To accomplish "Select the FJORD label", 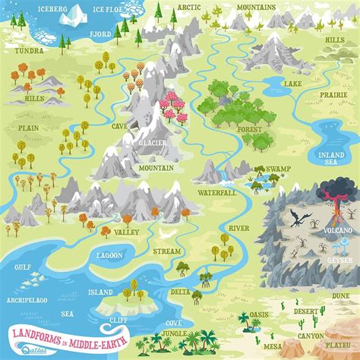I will coord(101,35).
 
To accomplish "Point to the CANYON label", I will coord(310,335).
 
